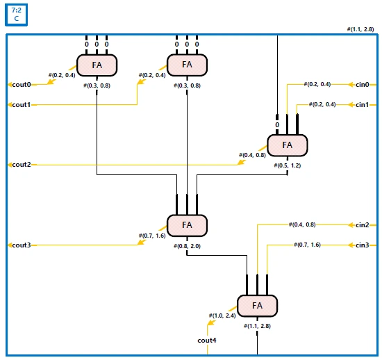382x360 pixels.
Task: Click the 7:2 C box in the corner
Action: [17, 15]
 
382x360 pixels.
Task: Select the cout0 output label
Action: [22, 85]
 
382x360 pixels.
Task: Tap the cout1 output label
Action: [22, 105]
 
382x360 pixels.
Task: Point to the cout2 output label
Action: [22, 165]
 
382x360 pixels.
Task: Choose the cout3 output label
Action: [22, 245]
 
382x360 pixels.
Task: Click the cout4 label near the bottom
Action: [207, 341]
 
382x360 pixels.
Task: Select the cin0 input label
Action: [363, 85]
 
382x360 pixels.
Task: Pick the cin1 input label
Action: [363, 105]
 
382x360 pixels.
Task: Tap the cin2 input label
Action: [363, 224]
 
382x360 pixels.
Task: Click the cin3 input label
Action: [363, 245]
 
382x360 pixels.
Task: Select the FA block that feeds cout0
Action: [97, 65]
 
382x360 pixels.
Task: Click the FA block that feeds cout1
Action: [187, 65]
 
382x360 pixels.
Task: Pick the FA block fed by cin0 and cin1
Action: [288, 145]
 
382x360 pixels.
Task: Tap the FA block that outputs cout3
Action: [187, 225]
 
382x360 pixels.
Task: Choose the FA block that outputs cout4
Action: [257, 306]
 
